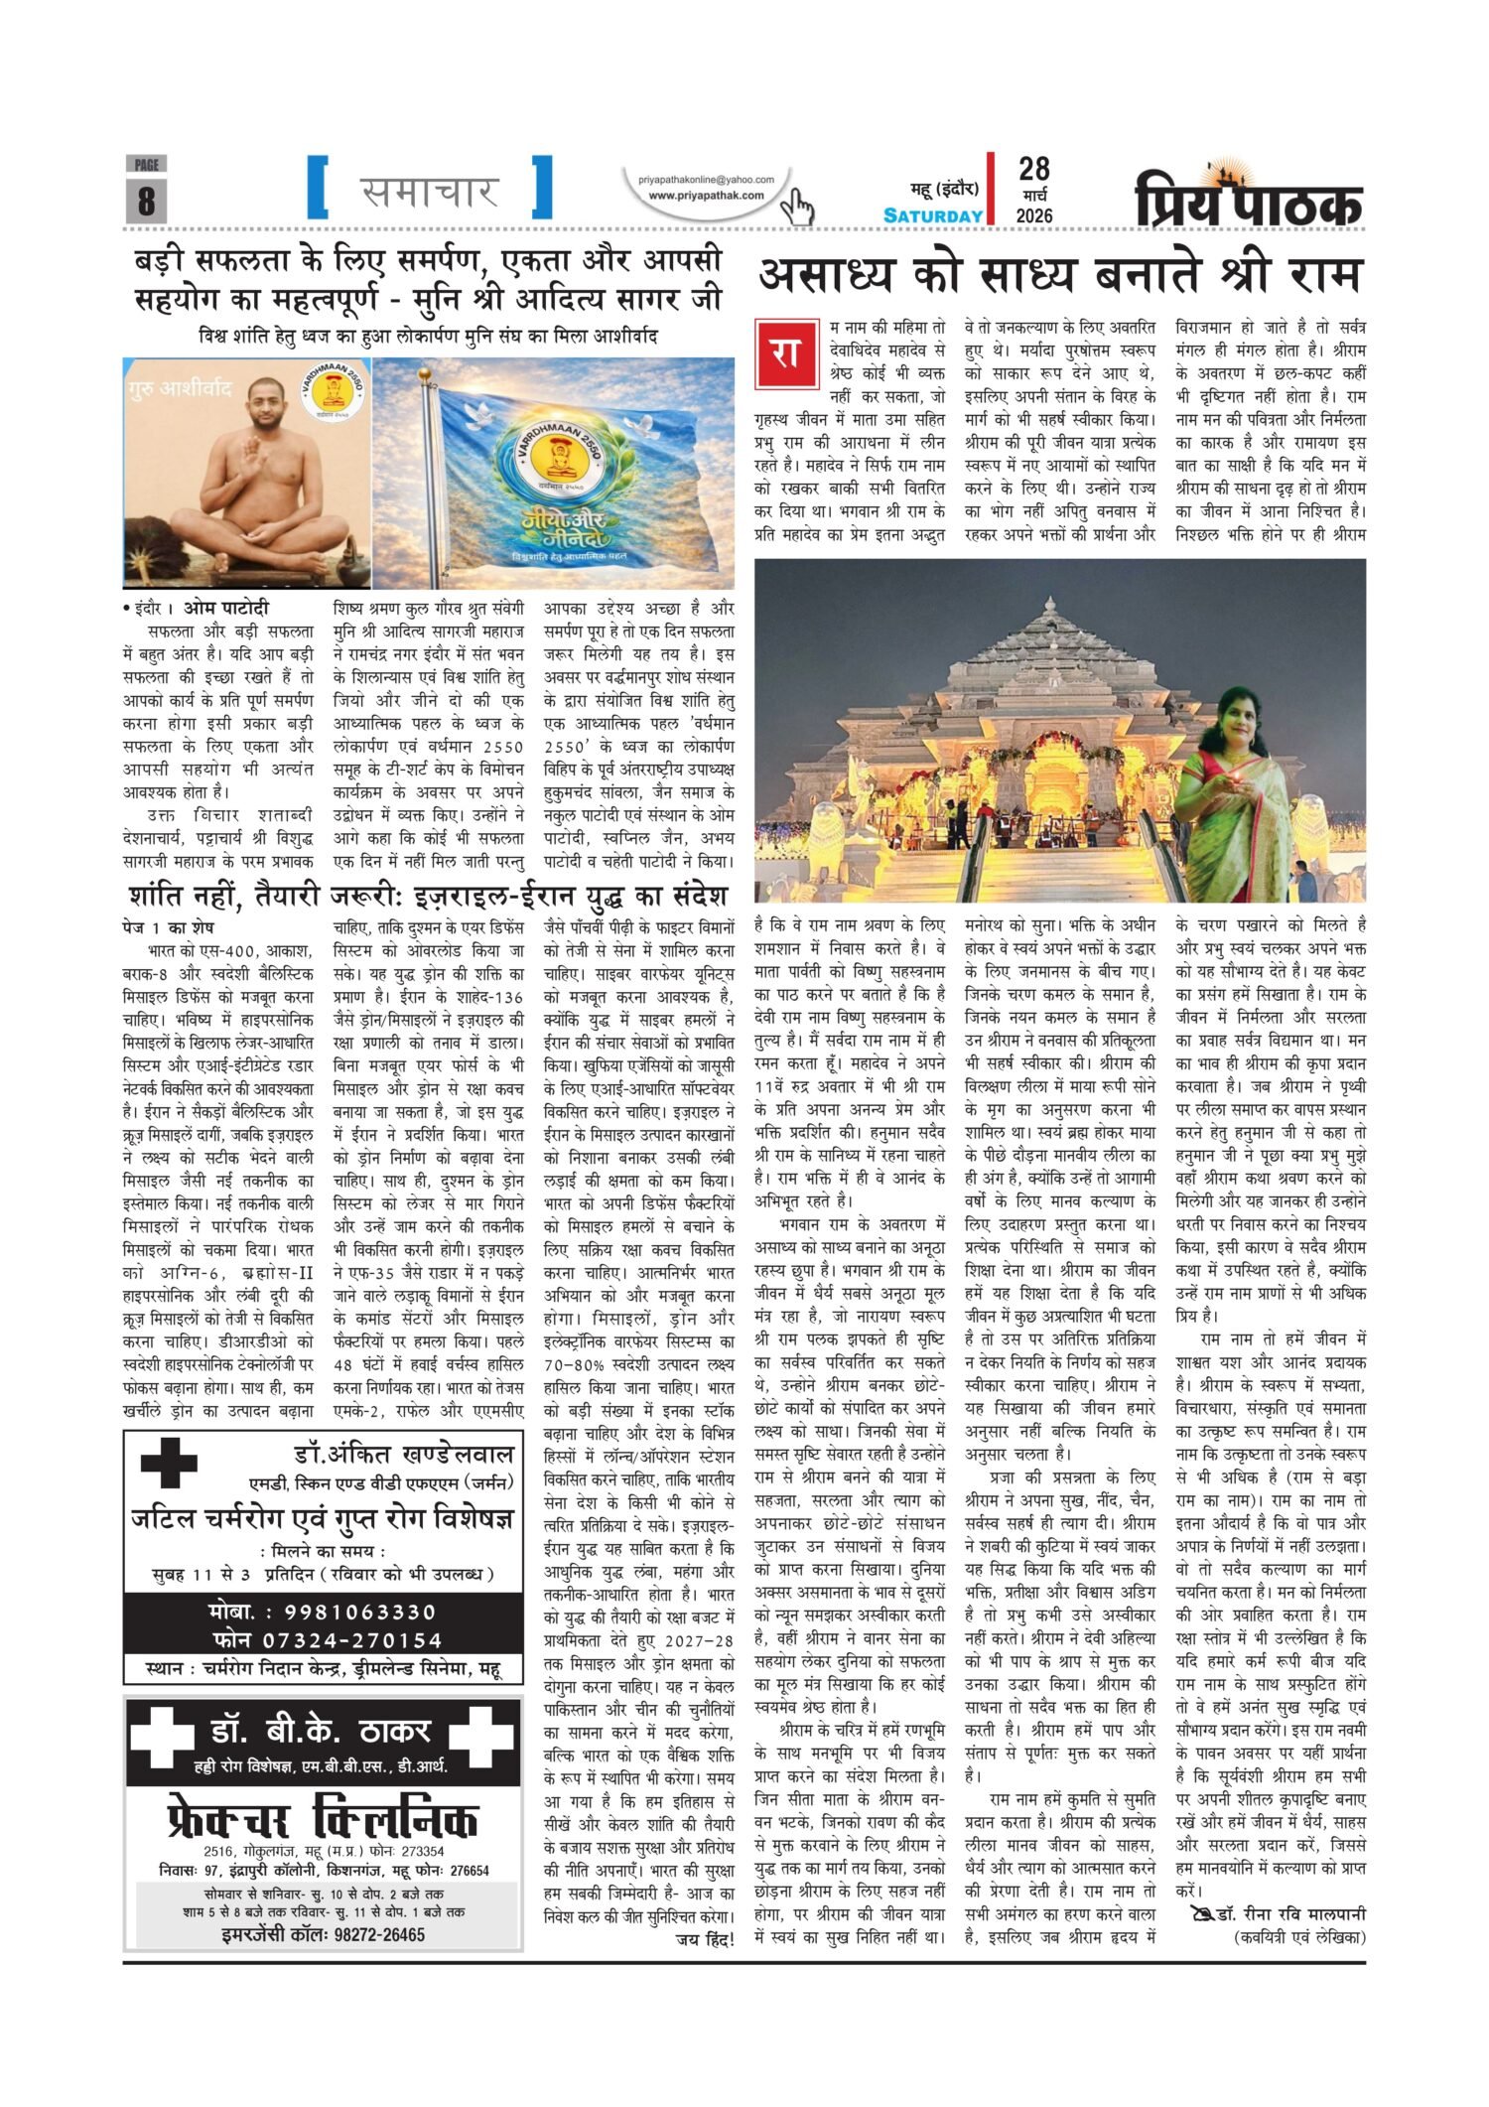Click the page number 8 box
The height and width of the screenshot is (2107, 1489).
(146, 200)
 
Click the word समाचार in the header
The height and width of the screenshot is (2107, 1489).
(429, 189)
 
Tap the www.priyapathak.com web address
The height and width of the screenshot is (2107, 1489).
(706, 196)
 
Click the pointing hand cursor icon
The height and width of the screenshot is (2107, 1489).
(796, 208)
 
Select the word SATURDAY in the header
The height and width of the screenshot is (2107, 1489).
(933, 215)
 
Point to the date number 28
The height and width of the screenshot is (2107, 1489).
(1033, 169)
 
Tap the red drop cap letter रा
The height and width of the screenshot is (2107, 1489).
(784, 354)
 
